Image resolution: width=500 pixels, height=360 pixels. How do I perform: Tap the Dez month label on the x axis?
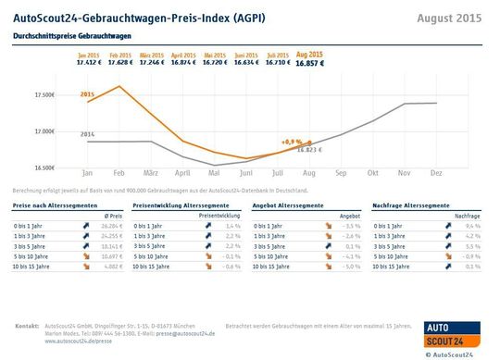(435, 173)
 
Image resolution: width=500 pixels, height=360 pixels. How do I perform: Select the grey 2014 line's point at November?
(405, 104)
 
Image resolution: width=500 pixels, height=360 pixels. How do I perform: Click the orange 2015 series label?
(87, 94)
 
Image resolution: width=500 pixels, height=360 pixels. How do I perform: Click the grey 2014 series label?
(87, 134)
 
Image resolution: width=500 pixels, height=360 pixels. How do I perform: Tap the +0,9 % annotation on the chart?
(294, 143)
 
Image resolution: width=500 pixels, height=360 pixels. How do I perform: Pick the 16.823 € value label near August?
(309, 150)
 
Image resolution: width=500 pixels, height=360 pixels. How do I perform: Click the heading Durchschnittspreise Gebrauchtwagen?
(72, 36)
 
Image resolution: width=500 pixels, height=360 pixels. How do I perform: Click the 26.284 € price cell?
(109, 225)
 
